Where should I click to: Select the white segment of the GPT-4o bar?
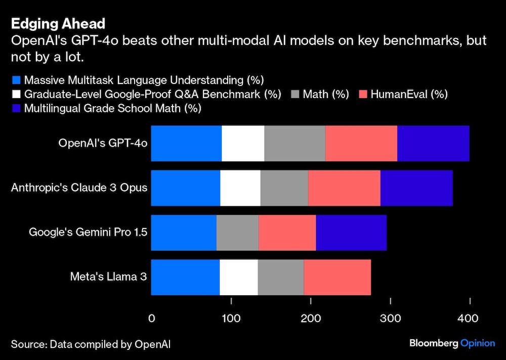tap(243, 144)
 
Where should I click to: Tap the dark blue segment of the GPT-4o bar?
tap(433, 144)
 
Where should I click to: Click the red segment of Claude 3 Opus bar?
tap(344, 188)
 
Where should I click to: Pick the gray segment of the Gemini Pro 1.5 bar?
tap(237, 233)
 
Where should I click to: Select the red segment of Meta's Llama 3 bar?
tap(337, 277)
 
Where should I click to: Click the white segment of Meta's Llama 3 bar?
tap(238, 277)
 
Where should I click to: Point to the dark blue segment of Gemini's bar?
tap(351, 233)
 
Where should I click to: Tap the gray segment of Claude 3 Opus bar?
tap(284, 188)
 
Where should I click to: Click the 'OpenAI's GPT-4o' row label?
tap(103, 144)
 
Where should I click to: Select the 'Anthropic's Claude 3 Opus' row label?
tap(79, 188)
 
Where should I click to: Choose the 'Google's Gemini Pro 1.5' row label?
tap(88, 233)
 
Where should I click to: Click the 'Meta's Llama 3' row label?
tap(109, 277)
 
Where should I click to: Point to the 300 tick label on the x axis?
tap(391, 319)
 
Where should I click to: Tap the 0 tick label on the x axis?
tap(151, 319)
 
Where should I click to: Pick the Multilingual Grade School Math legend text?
tap(112, 108)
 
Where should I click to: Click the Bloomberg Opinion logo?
tap(452, 343)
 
